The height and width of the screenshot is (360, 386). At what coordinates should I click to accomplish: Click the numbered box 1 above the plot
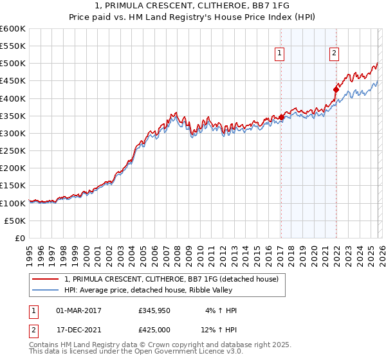point(280,54)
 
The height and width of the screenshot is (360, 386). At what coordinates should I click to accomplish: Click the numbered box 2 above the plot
point(335,54)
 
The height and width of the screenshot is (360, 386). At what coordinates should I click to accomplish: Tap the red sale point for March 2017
point(281,117)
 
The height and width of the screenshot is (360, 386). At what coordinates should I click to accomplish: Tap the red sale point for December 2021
point(336,89)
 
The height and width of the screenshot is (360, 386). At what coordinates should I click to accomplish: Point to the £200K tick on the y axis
point(13,168)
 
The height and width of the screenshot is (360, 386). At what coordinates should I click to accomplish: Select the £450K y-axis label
point(13,81)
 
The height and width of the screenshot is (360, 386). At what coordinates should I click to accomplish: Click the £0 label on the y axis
point(19,238)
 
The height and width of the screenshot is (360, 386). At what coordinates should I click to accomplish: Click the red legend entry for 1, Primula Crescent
point(171,279)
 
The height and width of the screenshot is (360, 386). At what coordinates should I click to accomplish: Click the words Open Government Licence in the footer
point(188,352)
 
